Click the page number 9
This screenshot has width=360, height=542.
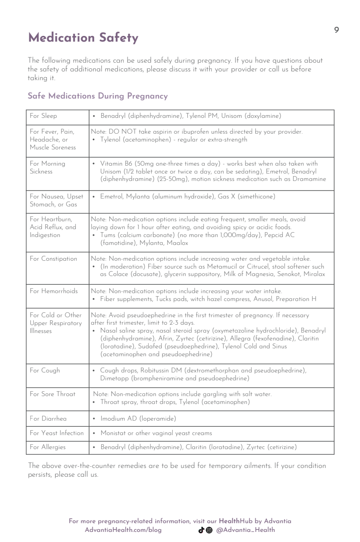tap(336, 30)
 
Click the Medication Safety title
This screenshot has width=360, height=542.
tap(83, 39)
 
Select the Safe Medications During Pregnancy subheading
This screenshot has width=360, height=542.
tap(97, 96)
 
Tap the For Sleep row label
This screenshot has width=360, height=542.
tap(43, 116)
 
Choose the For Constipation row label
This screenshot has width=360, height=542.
tap(53, 259)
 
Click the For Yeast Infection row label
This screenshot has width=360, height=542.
tap(57, 433)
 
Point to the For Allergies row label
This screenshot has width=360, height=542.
tap(47, 447)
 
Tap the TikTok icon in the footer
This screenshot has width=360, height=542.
tap(201, 530)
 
